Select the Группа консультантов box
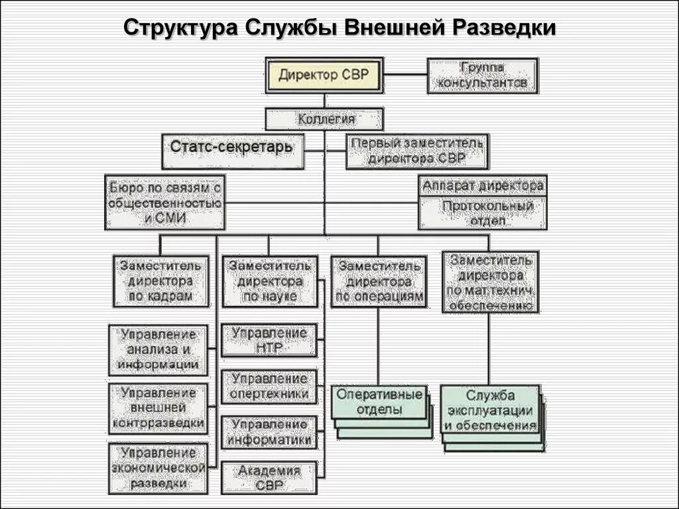coord(482,76)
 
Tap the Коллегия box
coord(324,119)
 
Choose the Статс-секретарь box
coord(231,151)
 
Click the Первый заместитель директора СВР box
coord(417,151)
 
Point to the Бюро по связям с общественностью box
coord(164,202)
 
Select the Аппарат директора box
coord(483,186)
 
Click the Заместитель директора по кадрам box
coord(160,280)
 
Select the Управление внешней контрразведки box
coord(158,407)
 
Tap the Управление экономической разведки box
coord(158,469)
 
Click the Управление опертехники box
coord(269,386)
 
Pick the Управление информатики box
coord(269,431)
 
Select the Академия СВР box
coord(269,478)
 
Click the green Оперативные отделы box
coord(379,402)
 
